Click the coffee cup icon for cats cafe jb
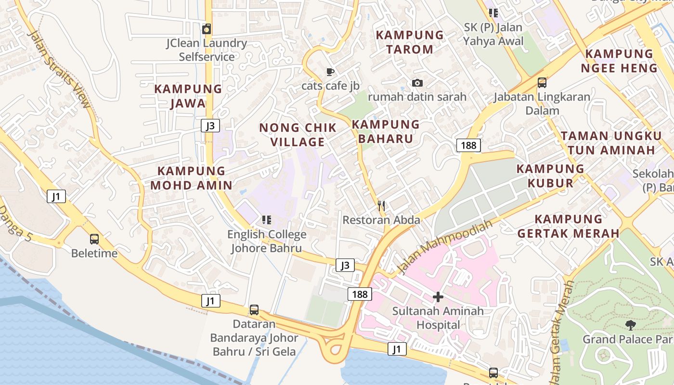point(330,72)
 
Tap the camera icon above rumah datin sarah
point(417,83)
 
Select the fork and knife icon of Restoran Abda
point(381,206)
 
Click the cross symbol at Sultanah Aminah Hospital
point(438,297)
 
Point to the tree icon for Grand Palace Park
point(630,325)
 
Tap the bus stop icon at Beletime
point(94,239)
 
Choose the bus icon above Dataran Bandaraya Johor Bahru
point(254,310)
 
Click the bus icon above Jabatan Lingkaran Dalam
point(542,83)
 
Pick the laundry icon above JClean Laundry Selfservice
point(207,29)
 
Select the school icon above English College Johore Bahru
point(267,220)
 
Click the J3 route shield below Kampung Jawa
point(210,126)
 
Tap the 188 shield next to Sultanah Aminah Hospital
point(360,294)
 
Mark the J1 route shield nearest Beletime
point(56,196)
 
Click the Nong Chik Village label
point(298,135)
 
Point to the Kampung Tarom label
point(410,42)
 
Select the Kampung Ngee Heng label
point(619,61)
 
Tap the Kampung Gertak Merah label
point(568,226)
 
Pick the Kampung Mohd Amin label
point(191,178)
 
